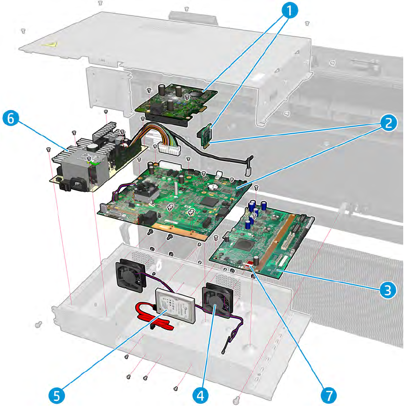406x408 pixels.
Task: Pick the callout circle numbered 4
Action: [200, 396]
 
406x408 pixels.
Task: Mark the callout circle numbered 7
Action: [329, 396]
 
